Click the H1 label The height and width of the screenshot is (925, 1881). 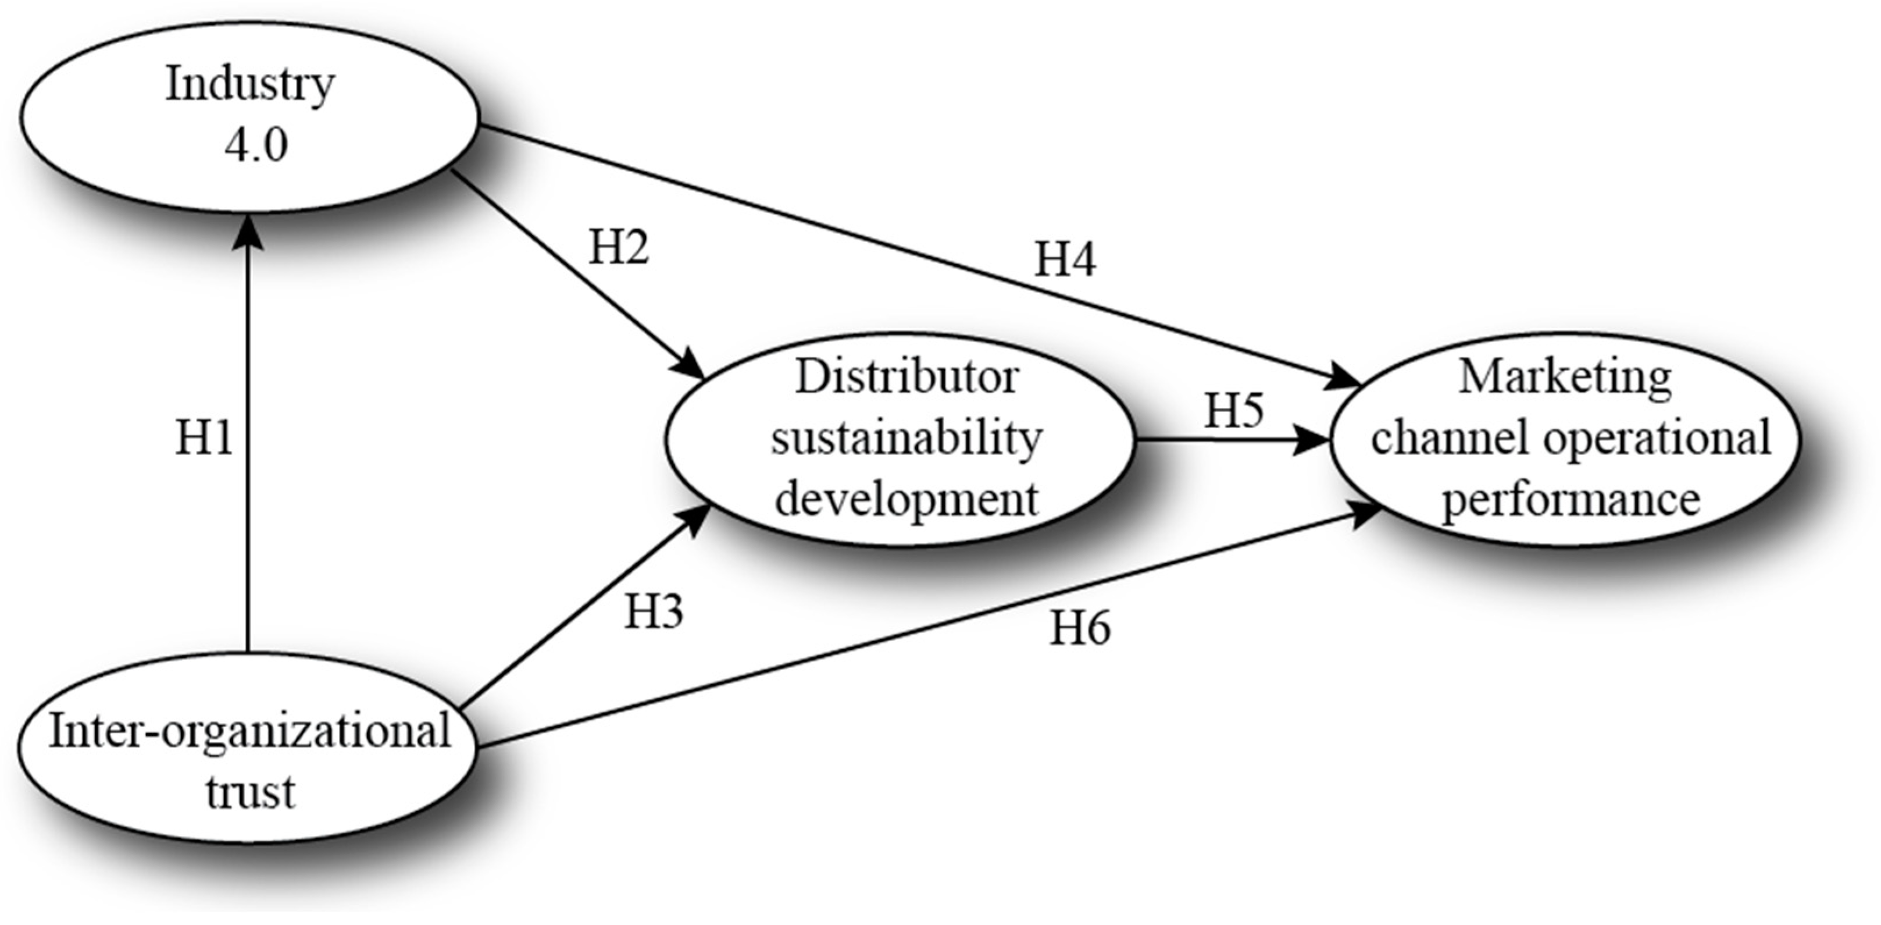[x=204, y=439]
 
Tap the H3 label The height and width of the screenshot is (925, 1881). [x=654, y=611]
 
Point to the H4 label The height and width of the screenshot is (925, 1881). [x=1065, y=259]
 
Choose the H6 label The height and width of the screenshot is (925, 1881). [x=1080, y=628]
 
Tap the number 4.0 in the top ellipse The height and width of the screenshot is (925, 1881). [x=256, y=144]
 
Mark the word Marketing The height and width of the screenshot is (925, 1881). [x=1565, y=378]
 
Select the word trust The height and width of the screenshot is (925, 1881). [x=249, y=792]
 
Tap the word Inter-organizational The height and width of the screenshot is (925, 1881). [x=249, y=731]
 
